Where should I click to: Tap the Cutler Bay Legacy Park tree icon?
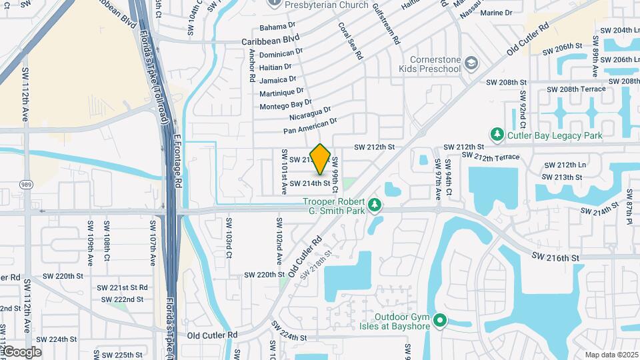tap(497, 135)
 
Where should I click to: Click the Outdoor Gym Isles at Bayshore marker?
tap(439, 321)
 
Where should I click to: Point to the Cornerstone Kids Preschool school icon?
tap(472, 63)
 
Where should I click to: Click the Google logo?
tap(22, 352)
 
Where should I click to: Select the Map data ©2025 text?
tap(611, 355)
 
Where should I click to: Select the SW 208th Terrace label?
tap(576, 89)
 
